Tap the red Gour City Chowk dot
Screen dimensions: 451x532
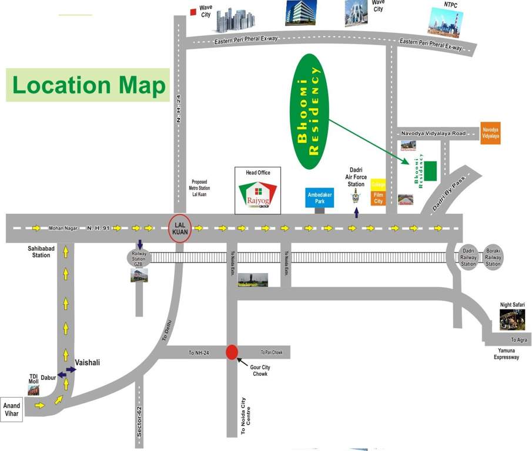click(232, 352)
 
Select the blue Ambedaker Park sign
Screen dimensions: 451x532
click(320, 198)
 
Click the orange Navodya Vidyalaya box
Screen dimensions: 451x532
click(490, 133)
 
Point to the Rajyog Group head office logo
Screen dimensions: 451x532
click(257, 196)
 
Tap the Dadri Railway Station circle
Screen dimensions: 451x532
click(469, 257)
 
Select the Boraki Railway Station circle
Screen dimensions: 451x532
click(493, 257)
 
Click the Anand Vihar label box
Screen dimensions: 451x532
click(12, 409)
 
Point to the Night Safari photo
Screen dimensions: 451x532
click(512, 319)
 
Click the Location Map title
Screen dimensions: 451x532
click(89, 85)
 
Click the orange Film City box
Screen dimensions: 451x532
click(378, 198)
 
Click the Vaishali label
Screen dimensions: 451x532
click(88, 362)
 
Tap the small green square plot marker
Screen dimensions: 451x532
click(430, 170)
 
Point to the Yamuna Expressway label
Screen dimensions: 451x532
click(507, 353)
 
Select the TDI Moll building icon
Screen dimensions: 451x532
click(34, 388)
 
